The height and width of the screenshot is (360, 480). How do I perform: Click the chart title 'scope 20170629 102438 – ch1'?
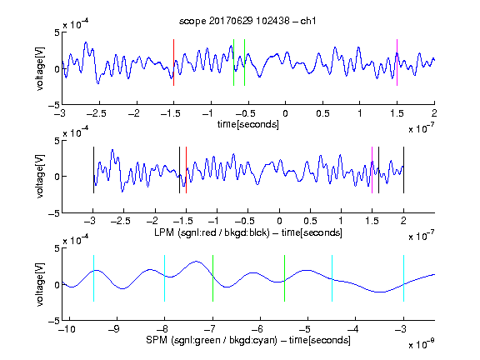click(247, 21)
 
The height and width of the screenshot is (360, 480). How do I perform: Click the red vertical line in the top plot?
click(173, 62)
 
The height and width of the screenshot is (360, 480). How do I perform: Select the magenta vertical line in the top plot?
click(397, 62)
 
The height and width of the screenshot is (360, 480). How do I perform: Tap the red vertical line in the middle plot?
click(186, 170)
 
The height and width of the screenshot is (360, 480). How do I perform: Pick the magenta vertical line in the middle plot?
click(372, 170)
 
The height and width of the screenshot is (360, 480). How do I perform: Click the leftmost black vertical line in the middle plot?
click(93, 170)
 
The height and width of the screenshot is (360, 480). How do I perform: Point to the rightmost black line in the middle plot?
click(403, 170)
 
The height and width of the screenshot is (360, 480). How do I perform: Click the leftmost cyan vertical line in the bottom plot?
click(93, 278)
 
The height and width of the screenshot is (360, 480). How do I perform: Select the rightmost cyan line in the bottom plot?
click(403, 278)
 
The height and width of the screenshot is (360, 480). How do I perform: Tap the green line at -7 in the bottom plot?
click(212, 278)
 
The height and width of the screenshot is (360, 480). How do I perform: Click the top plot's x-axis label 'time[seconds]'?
click(248, 124)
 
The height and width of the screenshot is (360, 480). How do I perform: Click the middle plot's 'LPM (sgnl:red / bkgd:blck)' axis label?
click(212, 232)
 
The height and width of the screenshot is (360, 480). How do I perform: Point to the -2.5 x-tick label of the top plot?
click(96, 113)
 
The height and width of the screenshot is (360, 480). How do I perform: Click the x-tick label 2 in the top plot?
click(434, 113)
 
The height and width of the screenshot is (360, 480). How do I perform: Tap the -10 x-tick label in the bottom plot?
click(67, 329)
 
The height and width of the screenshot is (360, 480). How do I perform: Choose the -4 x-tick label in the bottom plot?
click(353, 329)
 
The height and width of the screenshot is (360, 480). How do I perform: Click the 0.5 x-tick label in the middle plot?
click(310, 221)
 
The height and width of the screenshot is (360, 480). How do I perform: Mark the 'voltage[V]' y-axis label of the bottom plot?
click(40, 285)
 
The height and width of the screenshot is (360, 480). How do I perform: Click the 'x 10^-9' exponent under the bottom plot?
click(421, 344)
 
